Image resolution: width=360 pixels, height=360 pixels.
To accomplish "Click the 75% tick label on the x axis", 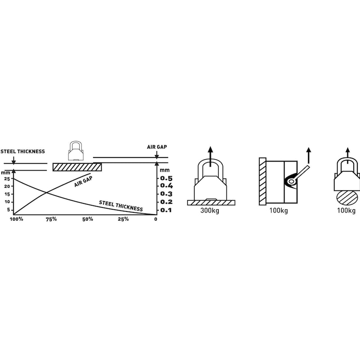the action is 51,219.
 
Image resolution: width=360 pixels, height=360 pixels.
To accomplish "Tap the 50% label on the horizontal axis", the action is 88,219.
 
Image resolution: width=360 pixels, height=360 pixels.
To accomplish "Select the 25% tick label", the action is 123,219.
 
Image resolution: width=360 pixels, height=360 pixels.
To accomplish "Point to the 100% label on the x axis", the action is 16,219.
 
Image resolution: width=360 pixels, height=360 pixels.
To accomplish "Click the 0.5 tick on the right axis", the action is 166,178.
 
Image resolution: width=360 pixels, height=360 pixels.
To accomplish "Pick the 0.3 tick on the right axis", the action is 166,194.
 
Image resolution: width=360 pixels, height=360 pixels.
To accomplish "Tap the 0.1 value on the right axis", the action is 166,210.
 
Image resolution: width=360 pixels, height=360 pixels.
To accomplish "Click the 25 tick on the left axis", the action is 7,179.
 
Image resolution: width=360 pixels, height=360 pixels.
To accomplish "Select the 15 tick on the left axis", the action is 7,194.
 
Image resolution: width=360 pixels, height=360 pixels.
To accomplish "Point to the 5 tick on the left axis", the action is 9,210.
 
